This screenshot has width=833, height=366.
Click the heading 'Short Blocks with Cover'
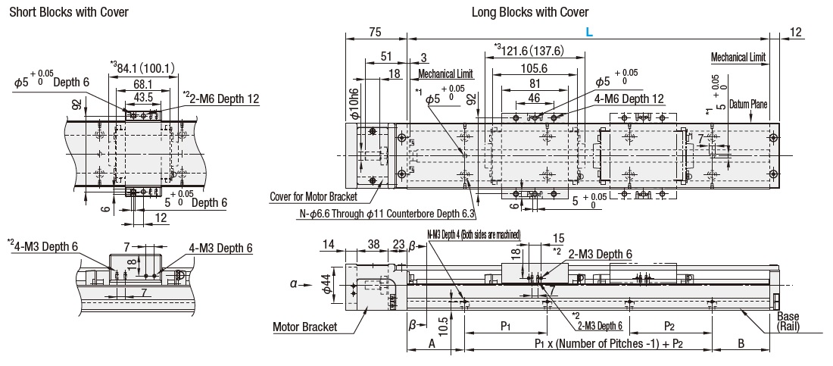69,12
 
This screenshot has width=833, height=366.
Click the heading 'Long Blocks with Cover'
530,12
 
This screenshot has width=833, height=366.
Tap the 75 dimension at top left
375,32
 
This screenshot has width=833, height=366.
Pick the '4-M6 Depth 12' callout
629,99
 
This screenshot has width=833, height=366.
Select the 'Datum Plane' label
750,102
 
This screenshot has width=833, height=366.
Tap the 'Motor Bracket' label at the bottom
304,328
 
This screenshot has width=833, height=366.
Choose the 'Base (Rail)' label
792,323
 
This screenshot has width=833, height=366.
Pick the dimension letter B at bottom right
741,343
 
